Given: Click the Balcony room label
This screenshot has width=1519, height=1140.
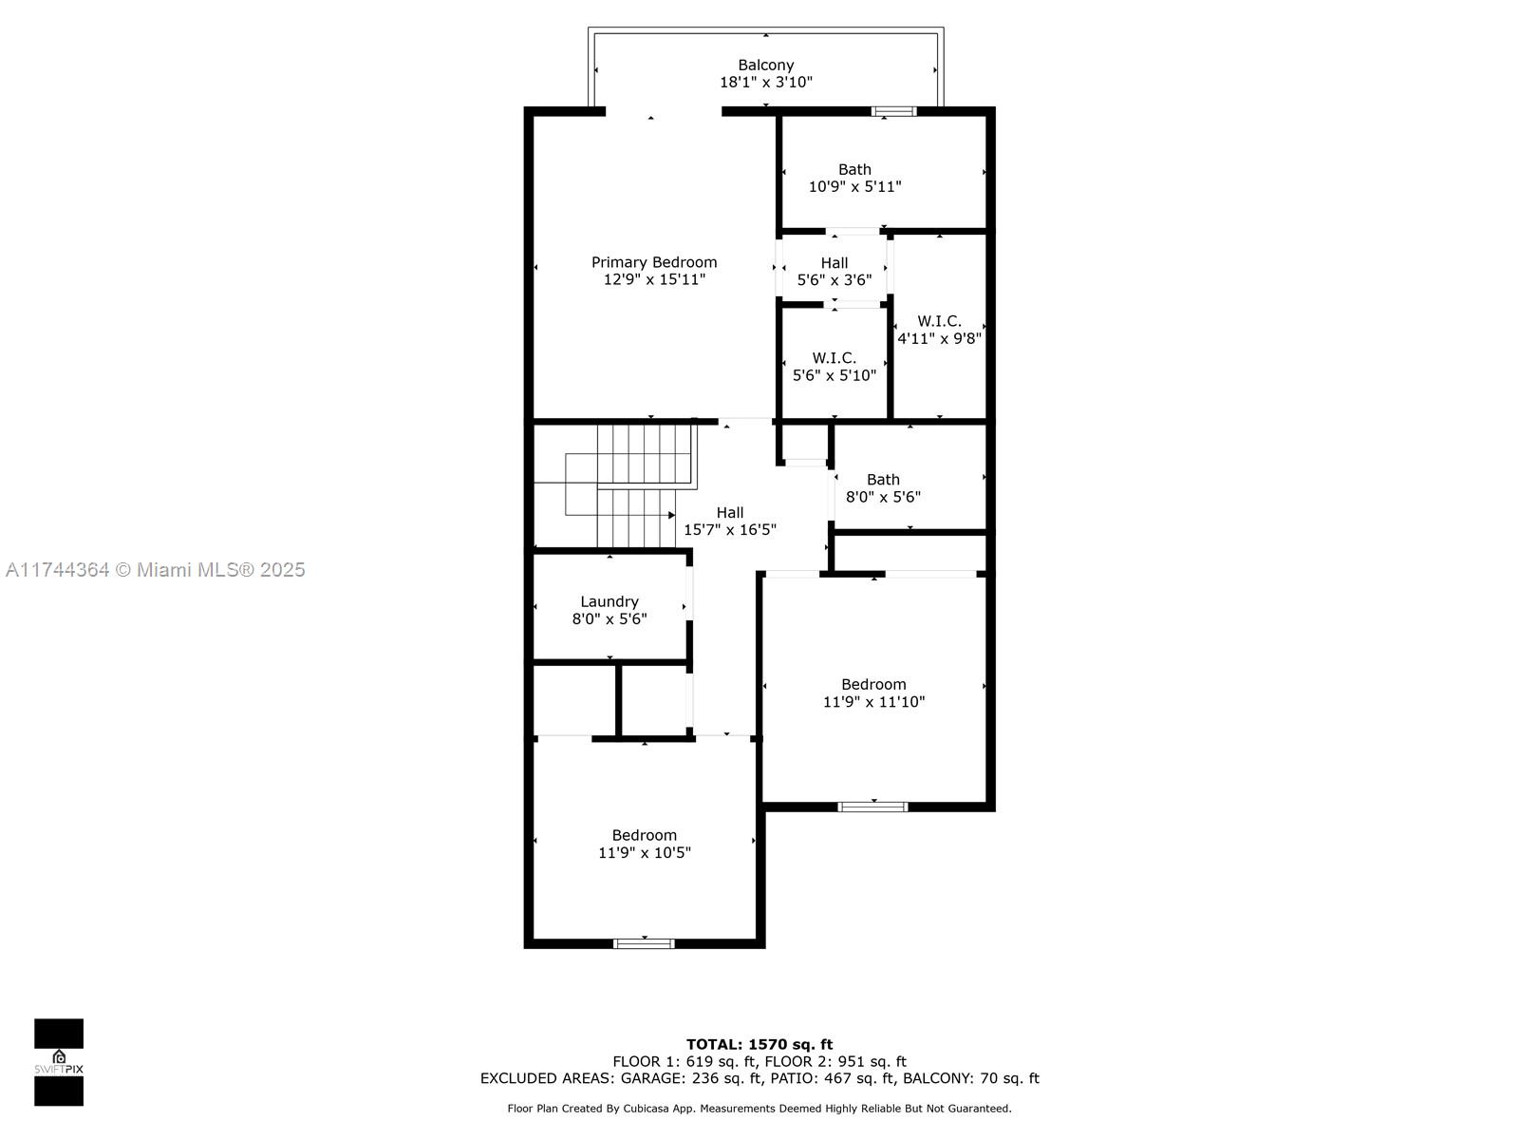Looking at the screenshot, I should tap(765, 66).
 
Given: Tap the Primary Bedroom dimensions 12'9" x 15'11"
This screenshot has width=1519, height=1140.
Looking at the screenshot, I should tap(654, 279).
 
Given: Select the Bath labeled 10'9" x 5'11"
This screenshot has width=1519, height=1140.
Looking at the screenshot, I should tap(854, 178).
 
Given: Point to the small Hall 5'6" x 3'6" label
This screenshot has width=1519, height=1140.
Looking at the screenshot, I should tap(835, 271).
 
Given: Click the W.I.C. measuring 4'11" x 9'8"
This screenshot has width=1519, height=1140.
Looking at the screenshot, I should tap(939, 330).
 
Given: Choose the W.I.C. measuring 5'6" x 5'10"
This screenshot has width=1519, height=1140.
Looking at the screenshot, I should tap(835, 366).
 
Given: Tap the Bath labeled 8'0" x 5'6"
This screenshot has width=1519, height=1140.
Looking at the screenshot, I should tap(883, 487).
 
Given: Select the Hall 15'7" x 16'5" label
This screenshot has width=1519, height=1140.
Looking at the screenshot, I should tap(730, 521).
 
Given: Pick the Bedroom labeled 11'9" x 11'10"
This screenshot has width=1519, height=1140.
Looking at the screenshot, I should tap(873, 693).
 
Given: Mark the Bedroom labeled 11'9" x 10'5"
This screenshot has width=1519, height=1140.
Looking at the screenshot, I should tap(644, 844).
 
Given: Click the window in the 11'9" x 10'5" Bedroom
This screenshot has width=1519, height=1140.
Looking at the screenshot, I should tap(644, 943).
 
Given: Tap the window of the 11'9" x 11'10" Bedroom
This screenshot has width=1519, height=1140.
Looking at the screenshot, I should tap(872, 807).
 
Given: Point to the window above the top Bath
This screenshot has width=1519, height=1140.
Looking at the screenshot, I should tap(893, 111).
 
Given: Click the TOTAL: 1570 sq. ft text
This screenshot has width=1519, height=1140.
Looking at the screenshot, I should tap(759, 1044).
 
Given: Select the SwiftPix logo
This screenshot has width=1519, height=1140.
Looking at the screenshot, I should tap(59, 1062).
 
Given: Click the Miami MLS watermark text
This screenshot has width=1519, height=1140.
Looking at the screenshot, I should tap(156, 570).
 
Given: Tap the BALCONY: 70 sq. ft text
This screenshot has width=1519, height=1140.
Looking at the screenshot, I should tap(970, 1078).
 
